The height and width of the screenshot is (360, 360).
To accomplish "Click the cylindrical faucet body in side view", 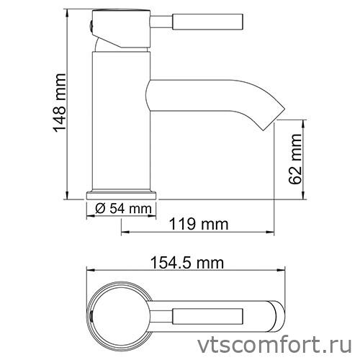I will click(x=122, y=122).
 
